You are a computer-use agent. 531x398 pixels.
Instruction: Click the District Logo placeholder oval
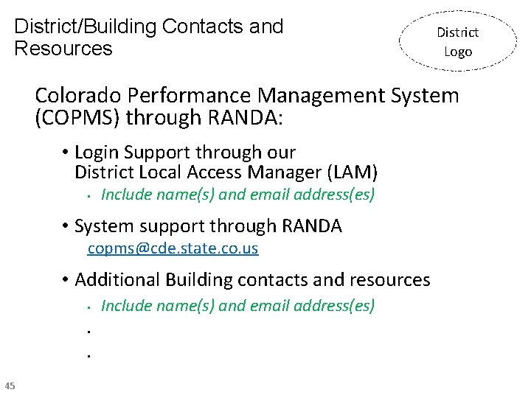(x=457, y=41)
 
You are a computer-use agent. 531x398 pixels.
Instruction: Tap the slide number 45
(x=10, y=385)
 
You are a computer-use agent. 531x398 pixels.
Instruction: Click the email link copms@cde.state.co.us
(x=173, y=248)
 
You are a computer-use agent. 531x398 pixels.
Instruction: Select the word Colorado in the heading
(x=78, y=96)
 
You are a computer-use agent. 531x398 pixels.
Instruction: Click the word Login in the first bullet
(x=97, y=153)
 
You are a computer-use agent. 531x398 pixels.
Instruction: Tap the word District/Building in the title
(x=86, y=27)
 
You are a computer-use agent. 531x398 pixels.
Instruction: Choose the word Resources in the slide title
(x=63, y=49)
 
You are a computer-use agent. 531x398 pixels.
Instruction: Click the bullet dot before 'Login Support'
(x=66, y=153)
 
